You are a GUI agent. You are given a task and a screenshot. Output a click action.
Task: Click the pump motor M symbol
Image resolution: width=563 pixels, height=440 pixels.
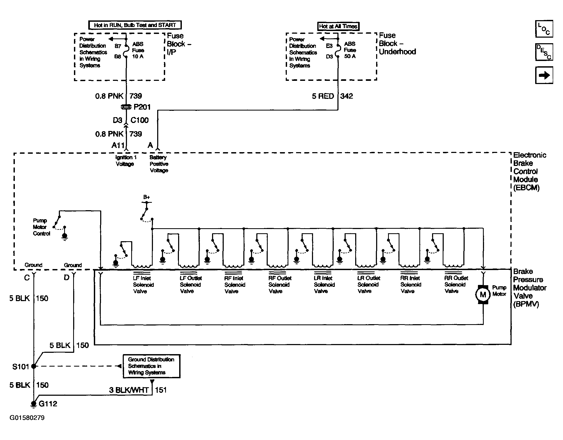coord(483,294)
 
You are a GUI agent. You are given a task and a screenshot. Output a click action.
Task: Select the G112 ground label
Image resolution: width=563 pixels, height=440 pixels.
coord(48,404)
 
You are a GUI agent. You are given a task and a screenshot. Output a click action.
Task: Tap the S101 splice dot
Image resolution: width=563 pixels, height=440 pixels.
coord(34,366)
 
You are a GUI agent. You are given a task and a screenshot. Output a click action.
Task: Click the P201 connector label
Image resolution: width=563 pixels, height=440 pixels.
coord(142,107)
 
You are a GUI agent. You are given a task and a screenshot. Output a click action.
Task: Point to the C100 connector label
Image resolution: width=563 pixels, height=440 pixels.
coord(140,120)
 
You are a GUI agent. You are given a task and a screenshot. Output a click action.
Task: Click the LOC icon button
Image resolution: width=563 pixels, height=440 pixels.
coord(544,29)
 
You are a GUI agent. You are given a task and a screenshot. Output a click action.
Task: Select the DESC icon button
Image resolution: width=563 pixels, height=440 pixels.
coord(544,52)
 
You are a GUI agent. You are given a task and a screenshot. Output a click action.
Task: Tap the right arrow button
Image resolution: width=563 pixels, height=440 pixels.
coord(544,75)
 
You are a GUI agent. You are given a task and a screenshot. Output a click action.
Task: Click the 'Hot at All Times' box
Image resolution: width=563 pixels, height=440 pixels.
coord(338,26)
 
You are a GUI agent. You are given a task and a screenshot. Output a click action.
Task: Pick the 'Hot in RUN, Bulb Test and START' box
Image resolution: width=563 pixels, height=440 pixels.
coord(135,25)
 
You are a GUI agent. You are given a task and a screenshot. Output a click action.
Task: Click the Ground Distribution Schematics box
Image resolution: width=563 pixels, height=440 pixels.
coord(151,366)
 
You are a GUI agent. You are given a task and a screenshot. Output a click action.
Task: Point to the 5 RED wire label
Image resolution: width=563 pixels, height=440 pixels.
coord(323,96)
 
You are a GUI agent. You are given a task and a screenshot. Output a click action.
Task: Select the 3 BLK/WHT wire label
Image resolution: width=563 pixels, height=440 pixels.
coord(129,390)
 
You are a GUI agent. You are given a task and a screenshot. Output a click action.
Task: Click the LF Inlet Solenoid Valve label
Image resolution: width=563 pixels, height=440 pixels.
coord(143,285)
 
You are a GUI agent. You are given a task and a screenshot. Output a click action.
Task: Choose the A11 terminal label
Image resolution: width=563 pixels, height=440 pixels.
coord(118,145)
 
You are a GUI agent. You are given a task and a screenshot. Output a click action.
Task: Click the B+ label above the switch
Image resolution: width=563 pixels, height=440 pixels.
coord(147,197)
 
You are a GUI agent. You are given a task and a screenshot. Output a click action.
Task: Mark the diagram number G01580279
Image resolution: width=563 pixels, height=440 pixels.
coord(27,418)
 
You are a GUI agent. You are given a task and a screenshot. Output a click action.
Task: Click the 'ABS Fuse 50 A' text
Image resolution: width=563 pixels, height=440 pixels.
coord(350,50)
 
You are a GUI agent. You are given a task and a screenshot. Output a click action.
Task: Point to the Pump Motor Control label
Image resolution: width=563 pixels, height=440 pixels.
coord(41,227)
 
